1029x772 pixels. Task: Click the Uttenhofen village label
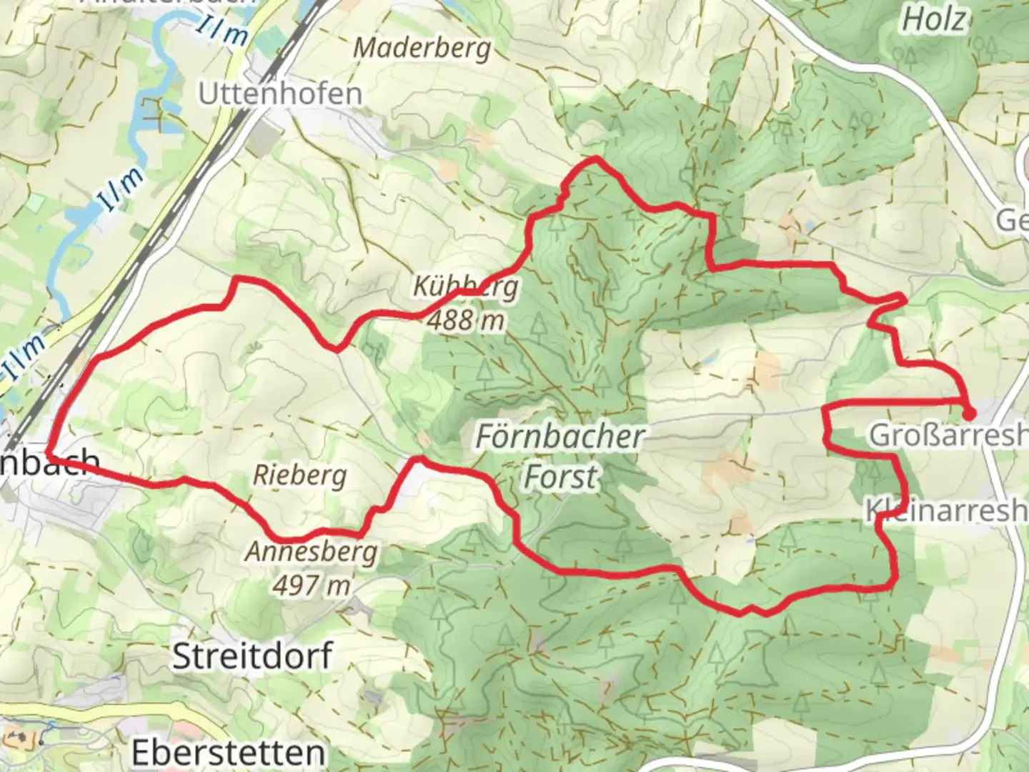(280, 94)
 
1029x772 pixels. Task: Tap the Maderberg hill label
(422, 49)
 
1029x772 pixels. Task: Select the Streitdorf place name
(252, 655)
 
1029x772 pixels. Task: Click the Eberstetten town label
(228, 752)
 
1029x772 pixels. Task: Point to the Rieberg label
(300, 475)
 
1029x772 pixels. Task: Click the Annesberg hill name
(312, 552)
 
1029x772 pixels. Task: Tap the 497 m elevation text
(312, 585)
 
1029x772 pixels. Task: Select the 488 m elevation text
(466, 321)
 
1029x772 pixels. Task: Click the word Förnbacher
(560, 436)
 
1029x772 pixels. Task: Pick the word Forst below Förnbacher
(560, 477)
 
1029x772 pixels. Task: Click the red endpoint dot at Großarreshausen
(969, 413)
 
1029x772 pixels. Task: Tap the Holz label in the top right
(933, 20)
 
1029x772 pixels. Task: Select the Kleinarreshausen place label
(947, 511)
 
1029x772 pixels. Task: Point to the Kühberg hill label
(466, 287)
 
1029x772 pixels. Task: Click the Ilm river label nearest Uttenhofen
(224, 30)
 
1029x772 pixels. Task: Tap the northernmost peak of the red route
(594, 159)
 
